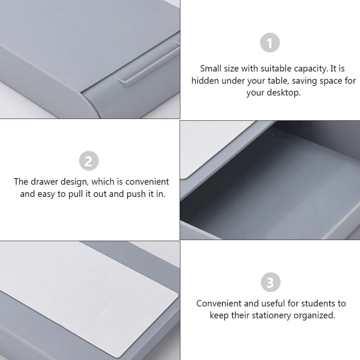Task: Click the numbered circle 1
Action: tap(270, 43)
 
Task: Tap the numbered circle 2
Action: tap(89, 161)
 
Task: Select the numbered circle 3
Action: tap(270, 282)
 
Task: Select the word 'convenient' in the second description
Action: tap(147, 182)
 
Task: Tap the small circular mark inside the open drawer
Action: tap(278, 137)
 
